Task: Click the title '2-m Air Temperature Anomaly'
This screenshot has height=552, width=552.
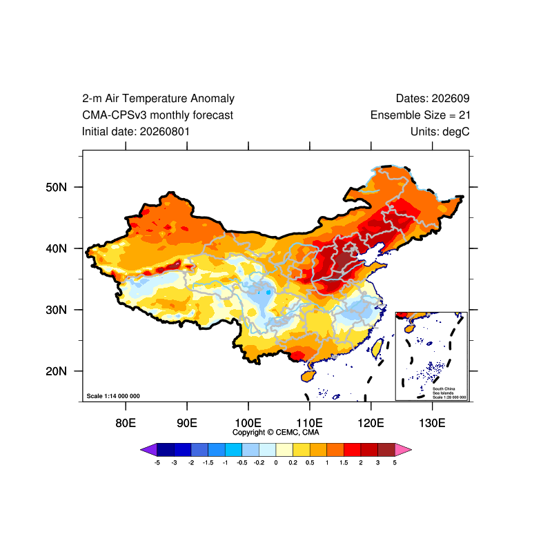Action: point(158,99)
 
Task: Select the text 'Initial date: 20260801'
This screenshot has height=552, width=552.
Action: point(136,132)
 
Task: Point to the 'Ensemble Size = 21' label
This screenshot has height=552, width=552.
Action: point(420,115)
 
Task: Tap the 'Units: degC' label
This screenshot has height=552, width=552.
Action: point(440,132)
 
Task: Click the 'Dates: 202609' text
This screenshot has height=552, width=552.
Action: point(433,99)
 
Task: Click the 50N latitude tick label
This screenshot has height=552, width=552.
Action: point(57,187)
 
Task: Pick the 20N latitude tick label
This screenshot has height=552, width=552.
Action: point(57,371)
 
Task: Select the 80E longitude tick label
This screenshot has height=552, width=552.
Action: point(126,423)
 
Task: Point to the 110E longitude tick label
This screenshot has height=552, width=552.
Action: point(309,423)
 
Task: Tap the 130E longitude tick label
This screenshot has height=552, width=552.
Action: point(433,423)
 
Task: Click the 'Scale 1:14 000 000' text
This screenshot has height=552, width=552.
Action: point(113,396)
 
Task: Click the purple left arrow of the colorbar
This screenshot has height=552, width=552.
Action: point(149,450)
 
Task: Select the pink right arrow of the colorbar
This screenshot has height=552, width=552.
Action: point(403,450)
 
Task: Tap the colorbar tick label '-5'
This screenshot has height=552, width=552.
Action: point(157,462)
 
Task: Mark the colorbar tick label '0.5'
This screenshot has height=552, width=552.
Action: point(310,462)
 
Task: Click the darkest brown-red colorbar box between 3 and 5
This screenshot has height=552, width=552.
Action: point(386,450)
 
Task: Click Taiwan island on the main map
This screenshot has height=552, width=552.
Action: point(377,348)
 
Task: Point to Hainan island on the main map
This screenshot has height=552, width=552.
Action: point(308,376)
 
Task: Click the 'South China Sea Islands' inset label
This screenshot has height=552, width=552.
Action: point(444,391)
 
